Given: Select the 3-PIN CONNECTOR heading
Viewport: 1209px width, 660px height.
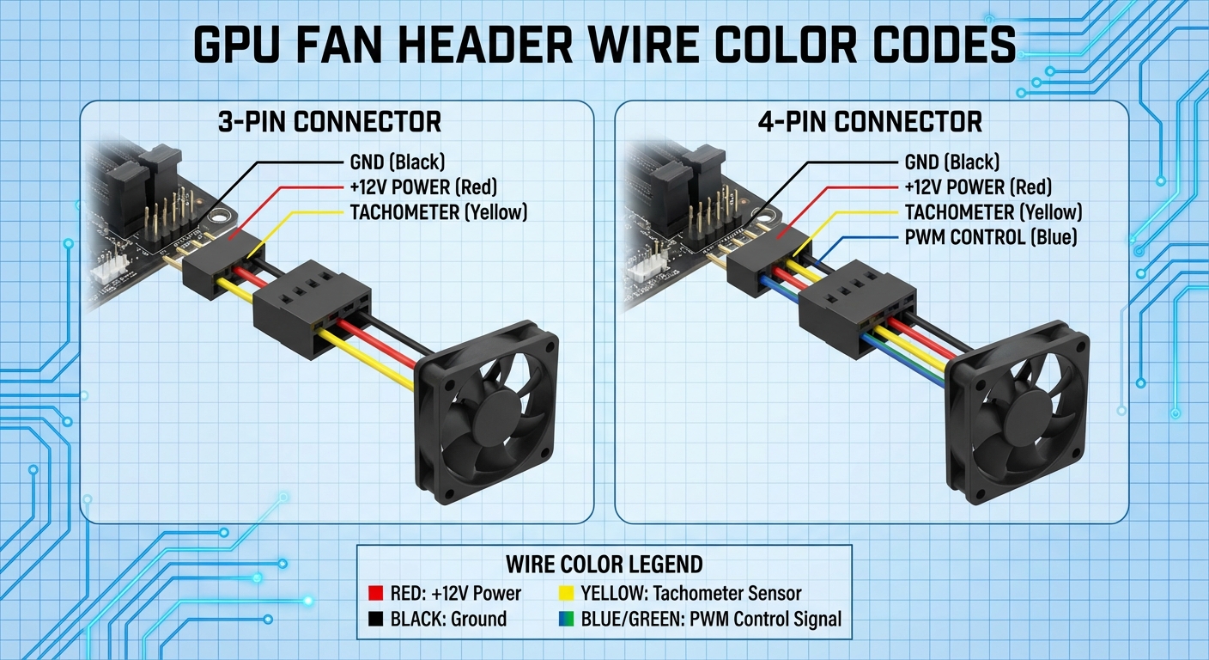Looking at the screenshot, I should pyautogui.click(x=331, y=121).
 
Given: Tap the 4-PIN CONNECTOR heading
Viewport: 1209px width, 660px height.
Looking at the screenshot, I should pyautogui.click(x=870, y=121).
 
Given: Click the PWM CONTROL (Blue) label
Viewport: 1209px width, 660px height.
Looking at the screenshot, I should pyautogui.click(x=991, y=237).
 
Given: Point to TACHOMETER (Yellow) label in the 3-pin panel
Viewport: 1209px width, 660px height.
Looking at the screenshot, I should pyautogui.click(x=439, y=212).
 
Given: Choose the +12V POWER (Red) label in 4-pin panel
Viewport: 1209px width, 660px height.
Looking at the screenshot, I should pyautogui.click(x=978, y=187).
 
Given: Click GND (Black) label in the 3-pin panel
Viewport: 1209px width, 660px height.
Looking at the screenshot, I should pyautogui.click(x=398, y=162).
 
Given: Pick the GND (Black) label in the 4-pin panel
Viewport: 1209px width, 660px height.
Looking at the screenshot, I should pyautogui.click(x=952, y=162).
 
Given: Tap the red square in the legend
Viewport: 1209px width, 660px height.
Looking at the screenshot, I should pyautogui.click(x=374, y=594).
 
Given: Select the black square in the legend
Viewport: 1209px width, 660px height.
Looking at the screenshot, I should pyautogui.click(x=374, y=619).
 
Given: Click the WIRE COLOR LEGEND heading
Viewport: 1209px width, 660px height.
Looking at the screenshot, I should pyautogui.click(x=604, y=565).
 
